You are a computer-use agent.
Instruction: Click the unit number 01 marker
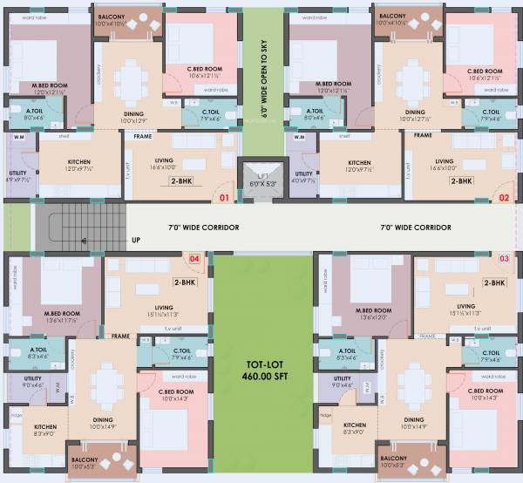pyautogui.click(x=224, y=198)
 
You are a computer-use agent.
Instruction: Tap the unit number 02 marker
pyautogui.click(x=503, y=198)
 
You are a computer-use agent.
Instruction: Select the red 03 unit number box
pyautogui.click(x=503, y=258)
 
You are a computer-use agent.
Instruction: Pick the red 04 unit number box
pyautogui.click(x=195, y=258)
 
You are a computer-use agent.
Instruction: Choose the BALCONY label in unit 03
pyautogui.click(x=392, y=458)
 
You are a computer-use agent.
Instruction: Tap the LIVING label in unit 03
pyautogui.click(x=465, y=306)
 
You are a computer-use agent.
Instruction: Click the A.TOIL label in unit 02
pyautogui.click(x=304, y=110)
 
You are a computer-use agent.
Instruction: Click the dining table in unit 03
pyautogui.click(x=411, y=386)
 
